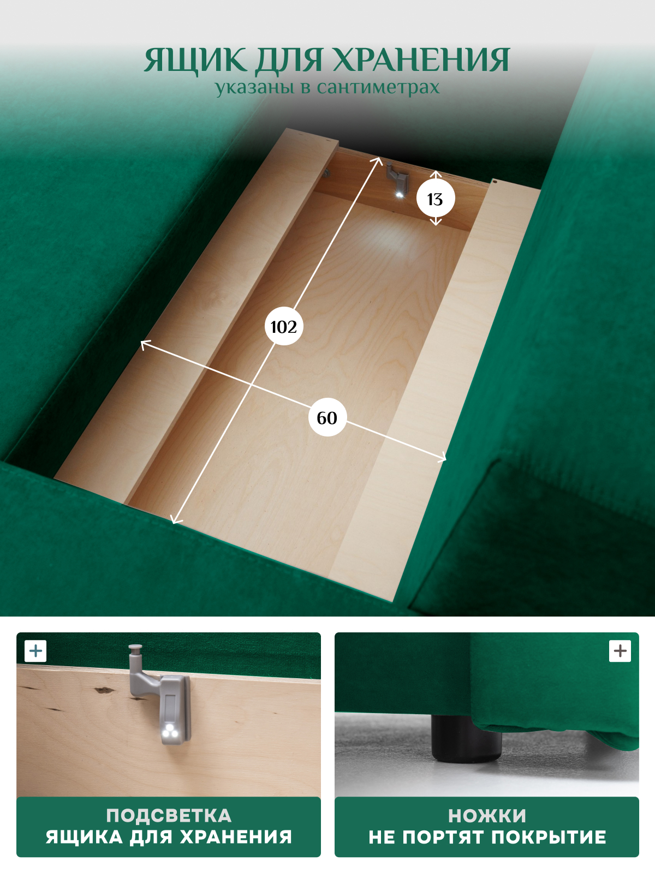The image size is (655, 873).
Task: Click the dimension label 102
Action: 283,326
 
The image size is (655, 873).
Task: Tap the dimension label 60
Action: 327,417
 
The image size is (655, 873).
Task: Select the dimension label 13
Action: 436,199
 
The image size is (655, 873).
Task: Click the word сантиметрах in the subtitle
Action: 378,87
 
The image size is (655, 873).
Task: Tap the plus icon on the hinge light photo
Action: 35,651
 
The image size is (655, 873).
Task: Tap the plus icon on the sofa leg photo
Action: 620,651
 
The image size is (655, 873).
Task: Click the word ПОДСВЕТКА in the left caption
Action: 169,816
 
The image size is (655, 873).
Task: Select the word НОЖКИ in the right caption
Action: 487,816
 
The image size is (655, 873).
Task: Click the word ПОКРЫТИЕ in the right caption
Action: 549,837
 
